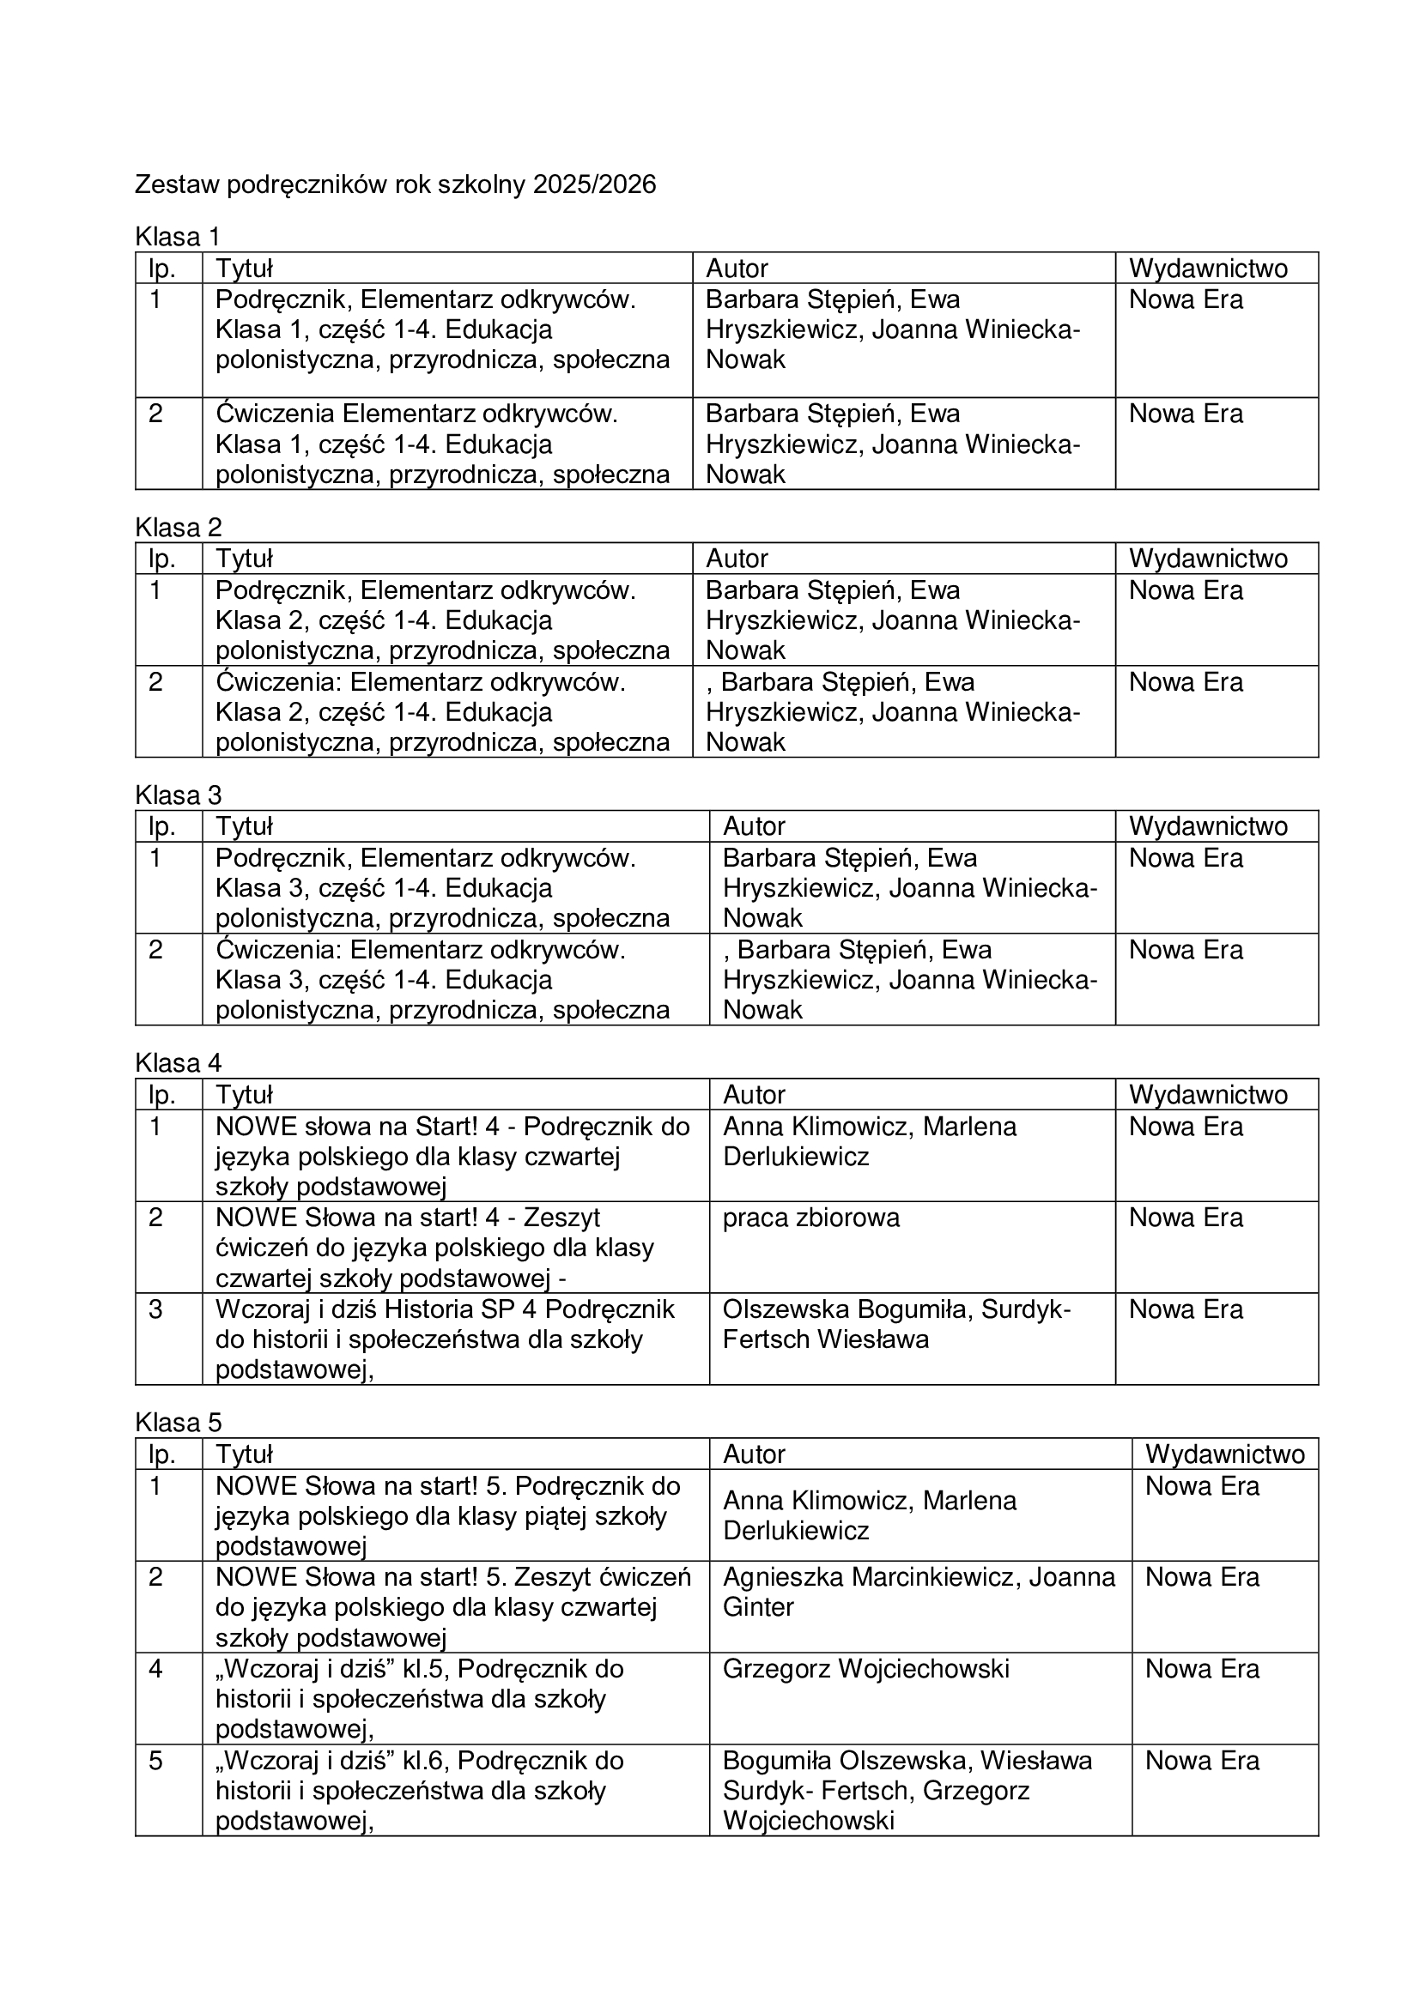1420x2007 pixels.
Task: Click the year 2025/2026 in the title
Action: pos(595,185)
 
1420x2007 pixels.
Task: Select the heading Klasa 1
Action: pos(178,237)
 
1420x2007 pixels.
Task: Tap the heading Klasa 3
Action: pos(178,795)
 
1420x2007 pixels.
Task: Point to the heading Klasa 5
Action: pos(178,1422)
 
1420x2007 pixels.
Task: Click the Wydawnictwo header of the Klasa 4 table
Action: pos(1208,1094)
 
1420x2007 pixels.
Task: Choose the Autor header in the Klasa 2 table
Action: pos(737,559)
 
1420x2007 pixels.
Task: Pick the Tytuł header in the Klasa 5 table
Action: pos(244,1454)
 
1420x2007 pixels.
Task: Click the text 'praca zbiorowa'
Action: pos(810,1218)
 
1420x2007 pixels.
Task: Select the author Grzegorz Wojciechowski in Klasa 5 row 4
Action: pos(865,1669)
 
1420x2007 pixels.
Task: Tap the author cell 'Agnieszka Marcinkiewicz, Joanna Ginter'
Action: pos(918,1592)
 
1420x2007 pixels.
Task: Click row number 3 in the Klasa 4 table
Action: pos(155,1309)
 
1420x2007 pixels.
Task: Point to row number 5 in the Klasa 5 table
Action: pos(155,1761)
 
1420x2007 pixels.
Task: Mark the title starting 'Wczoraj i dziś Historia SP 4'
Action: pos(444,1339)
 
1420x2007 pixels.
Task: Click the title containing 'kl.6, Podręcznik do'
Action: pos(419,1790)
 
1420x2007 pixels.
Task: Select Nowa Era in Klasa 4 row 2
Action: pos(1185,1218)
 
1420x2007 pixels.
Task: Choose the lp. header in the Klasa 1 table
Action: pos(161,269)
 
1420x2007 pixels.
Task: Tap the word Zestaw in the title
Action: pos(177,185)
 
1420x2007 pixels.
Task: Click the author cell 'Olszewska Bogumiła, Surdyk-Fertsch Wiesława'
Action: pos(895,1324)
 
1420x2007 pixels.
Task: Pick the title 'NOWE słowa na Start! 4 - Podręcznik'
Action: pos(452,1157)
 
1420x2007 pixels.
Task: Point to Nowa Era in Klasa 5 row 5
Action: pos(1201,1761)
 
